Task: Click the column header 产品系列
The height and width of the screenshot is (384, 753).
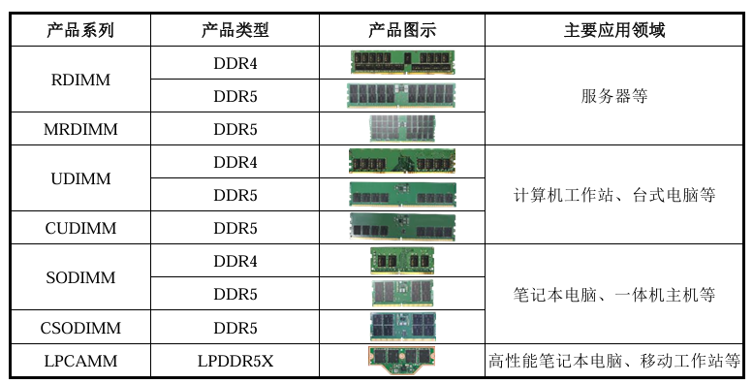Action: point(79,30)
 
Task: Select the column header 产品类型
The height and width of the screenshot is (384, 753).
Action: point(235,30)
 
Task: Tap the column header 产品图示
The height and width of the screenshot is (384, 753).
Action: point(401,30)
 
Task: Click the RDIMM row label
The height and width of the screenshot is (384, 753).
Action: point(79,80)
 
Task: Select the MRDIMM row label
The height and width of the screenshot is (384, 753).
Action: point(79,129)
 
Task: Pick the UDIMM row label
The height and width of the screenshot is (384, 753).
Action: point(79,178)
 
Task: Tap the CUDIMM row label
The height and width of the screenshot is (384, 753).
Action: point(79,229)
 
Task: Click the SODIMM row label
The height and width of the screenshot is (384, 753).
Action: point(79,277)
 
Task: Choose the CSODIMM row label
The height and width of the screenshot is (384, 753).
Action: point(79,328)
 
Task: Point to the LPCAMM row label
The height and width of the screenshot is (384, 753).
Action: point(79,361)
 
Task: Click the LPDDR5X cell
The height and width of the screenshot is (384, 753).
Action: point(235,361)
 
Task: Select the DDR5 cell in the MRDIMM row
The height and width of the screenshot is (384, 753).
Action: point(235,129)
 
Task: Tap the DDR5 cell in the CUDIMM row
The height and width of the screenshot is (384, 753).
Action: point(235,229)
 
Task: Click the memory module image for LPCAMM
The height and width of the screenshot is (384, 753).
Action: point(401,360)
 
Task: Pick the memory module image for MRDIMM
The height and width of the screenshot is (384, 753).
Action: point(402,129)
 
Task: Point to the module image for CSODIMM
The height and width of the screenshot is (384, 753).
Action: point(402,327)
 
